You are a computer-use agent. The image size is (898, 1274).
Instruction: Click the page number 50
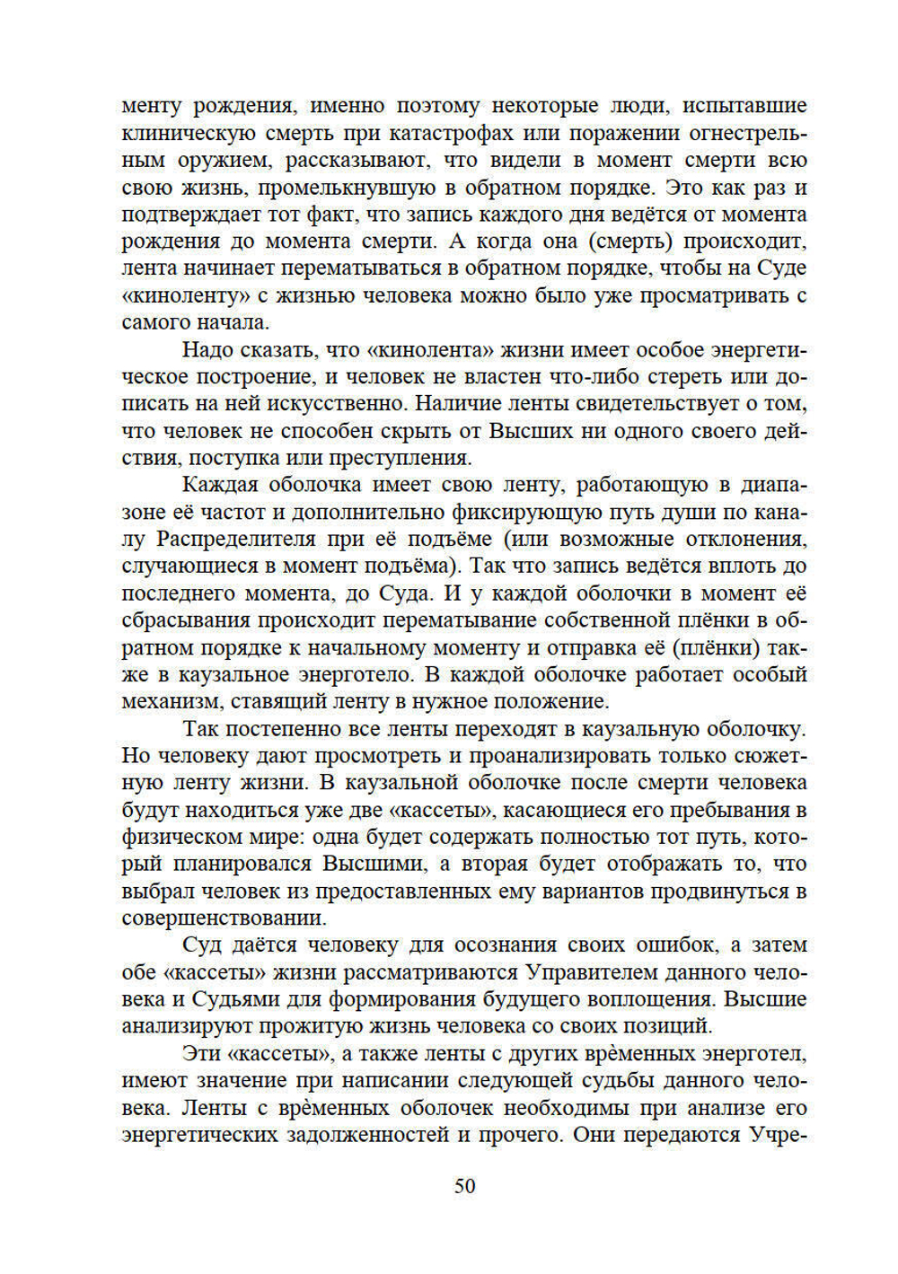464,1186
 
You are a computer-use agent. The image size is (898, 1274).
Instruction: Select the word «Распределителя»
236,540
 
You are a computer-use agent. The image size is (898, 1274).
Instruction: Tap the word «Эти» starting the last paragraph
203,1053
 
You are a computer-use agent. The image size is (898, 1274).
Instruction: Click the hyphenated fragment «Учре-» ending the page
778,1135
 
